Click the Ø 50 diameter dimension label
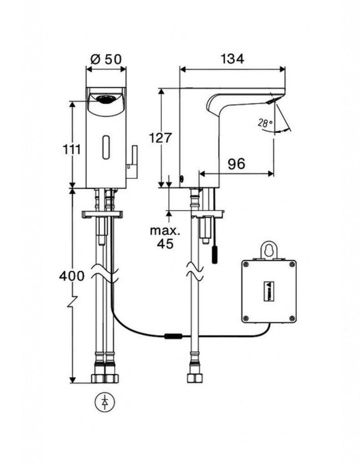(x=106, y=59)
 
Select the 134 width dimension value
(x=233, y=59)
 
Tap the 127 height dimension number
(x=160, y=138)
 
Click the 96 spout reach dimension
(x=236, y=164)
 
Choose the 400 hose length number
(x=71, y=276)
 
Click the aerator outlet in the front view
(x=106, y=98)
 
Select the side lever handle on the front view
(x=132, y=161)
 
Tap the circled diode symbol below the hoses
(x=106, y=401)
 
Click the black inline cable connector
(x=173, y=336)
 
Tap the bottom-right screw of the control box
(x=290, y=318)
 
